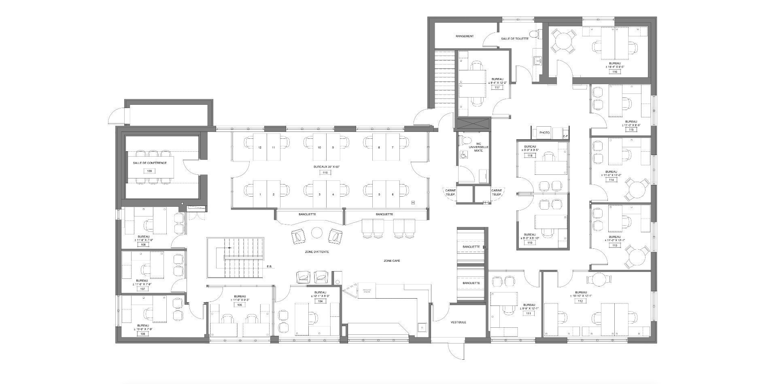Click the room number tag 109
(150, 171)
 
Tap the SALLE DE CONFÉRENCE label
(150, 163)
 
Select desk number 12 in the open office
(260, 147)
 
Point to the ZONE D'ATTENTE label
(317, 252)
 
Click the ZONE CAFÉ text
(392, 261)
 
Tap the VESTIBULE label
(459, 322)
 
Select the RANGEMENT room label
(464, 36)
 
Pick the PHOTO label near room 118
(545, 133)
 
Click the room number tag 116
(615, 72)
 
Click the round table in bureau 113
(637, 256)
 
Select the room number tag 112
(580, 301)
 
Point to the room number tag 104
(320, 301)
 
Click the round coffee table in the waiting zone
(316, 232)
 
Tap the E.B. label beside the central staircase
(270, 267)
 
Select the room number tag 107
(142, 289)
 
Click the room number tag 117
(497, 87)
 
